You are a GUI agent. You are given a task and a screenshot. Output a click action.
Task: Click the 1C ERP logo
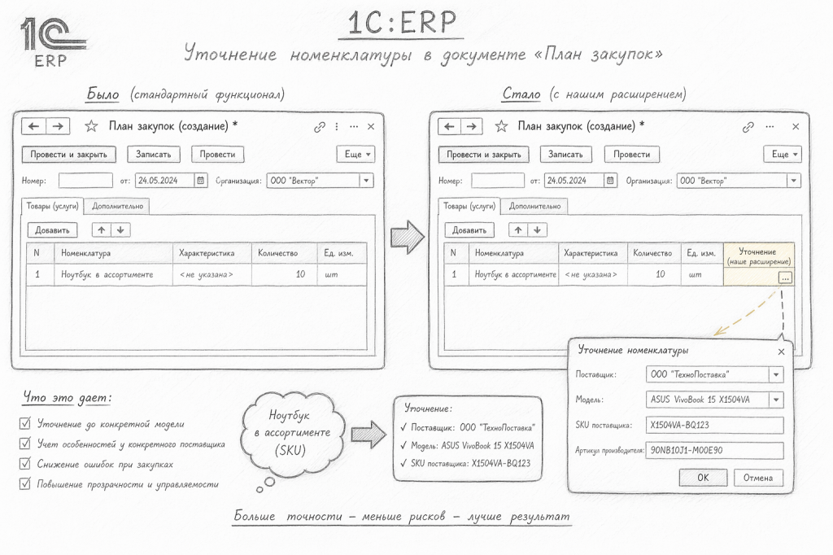[52, 42]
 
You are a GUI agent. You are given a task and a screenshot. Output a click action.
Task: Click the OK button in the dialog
[703, 478]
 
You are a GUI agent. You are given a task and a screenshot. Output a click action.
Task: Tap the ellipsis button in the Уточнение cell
[785, 277]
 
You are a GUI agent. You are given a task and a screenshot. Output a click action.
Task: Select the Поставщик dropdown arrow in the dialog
[776, 374]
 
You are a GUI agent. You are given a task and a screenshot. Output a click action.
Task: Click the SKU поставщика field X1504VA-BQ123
[714, 425]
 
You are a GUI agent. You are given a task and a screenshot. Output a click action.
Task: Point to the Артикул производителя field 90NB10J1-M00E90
[714, 450]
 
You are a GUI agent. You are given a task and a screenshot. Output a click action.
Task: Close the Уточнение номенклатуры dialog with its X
[781, 352]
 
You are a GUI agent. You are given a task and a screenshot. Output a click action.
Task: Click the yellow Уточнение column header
[758, 256]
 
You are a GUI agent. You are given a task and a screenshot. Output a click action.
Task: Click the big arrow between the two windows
[408, 237]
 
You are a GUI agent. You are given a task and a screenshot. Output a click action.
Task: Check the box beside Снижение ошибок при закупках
[25, 464]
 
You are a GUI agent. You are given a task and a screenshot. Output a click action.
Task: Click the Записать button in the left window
[154, 154]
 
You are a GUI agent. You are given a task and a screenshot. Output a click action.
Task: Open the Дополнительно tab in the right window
[534, 206]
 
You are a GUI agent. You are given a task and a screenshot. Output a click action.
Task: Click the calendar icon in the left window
[201, 181]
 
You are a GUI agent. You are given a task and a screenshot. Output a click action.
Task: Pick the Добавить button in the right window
[469, 230]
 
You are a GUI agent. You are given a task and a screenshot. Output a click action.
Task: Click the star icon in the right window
[501, 126]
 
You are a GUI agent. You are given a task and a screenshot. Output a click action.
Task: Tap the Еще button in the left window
[356, 154]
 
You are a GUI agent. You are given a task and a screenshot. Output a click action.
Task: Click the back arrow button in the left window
[33, 126]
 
